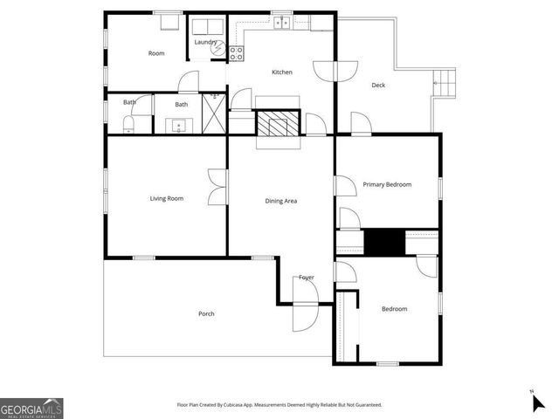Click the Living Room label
click(x=166, y=198)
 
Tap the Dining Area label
click(x=281, y=201)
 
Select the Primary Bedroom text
click(x=387, y=184)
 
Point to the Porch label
click(x=206, y=313)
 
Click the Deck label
click(x=378, y=85)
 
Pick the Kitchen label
click(x=281, y=72)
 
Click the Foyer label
click(x=306, y=278)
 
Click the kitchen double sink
click(x=280, y=23)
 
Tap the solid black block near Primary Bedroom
click(x=383, y=243)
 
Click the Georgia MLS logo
click(x=31, y=408)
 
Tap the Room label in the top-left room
click(x=156, y=53)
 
